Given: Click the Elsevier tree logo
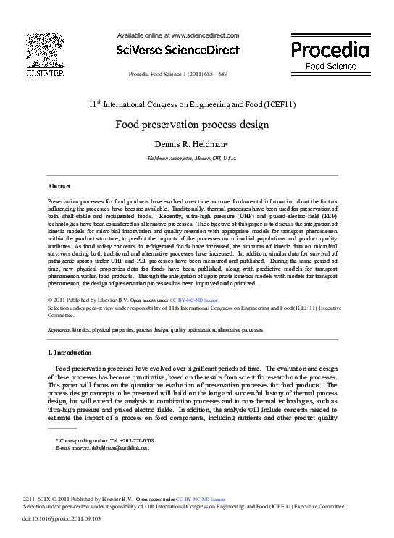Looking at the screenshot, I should click(x=45, y=50).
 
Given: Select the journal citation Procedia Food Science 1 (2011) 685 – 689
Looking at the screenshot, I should click(x=177, y=75).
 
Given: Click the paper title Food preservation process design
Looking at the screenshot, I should click(x=192, y=125).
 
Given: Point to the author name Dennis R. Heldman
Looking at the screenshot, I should click(x=190, y=145).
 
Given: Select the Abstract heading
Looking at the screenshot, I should click(x=59, y=186).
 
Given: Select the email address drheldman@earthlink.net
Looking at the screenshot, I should click(x=119, y=448).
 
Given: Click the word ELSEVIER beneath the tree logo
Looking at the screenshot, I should click(x=45, y=73).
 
